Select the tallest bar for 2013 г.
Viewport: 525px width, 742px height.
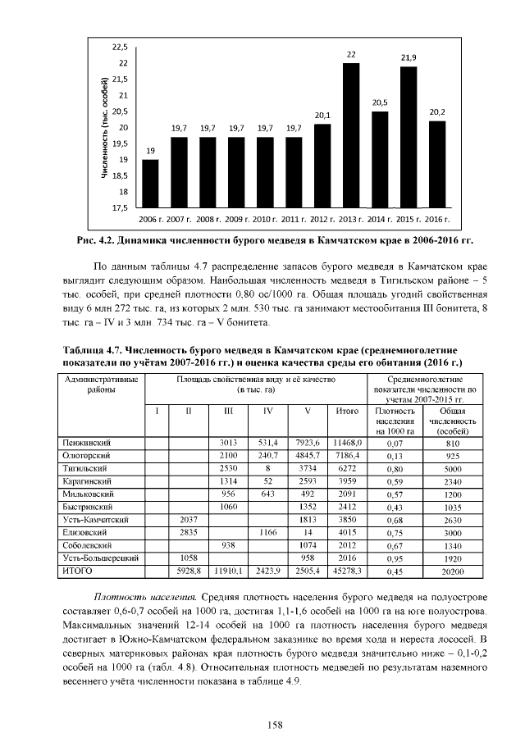351,135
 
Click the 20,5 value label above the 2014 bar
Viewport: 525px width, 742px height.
380,102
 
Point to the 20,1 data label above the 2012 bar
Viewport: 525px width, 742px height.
322,115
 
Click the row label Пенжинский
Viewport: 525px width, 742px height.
87,442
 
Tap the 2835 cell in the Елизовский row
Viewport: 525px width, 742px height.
189,532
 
